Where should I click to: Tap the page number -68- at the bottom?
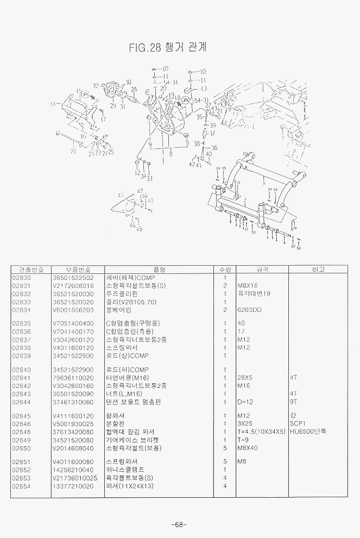tap(179, 524)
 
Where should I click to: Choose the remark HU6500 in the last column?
tap(307, 432)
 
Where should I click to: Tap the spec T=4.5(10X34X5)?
tap(261, 432)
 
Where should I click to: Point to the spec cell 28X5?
tap(245, 378)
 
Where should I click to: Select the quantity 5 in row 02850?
tap(224, 448)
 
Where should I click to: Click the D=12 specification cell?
tap(246, 402)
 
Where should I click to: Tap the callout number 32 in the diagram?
tap(96, 86)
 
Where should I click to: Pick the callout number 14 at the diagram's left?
tap(53, 103)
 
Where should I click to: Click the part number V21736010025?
tap(75, 478)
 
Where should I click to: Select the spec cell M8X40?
tap(247, 448)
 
